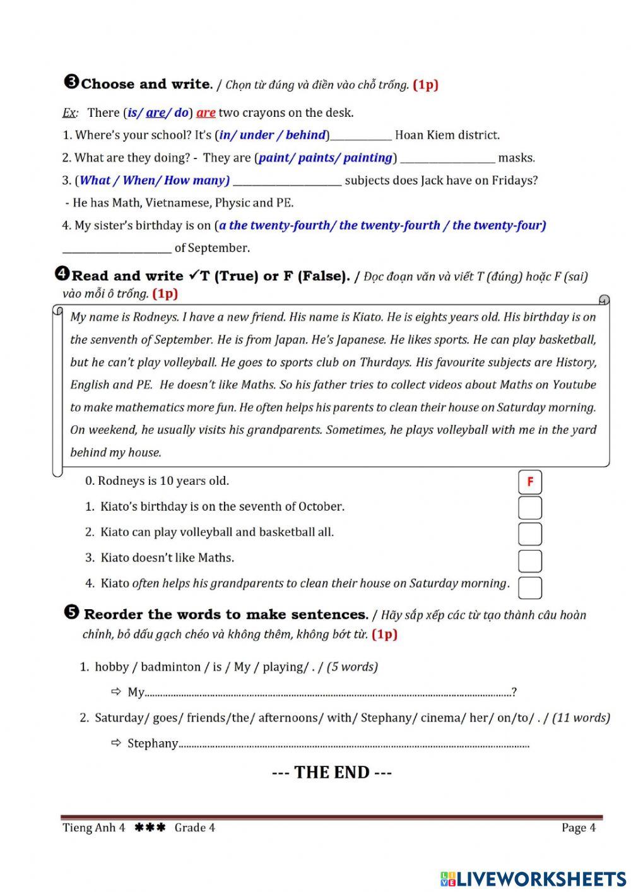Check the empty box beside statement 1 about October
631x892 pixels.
click(530, 508)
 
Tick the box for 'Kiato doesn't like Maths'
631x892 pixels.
click(530, 561)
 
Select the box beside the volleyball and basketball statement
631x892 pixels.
click(530, 534)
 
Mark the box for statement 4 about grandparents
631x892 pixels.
click(530, 587)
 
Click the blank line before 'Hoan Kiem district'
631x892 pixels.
click(361, 136)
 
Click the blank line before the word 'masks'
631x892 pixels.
click(447, 159)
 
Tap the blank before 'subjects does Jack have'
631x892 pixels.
click(287, 182)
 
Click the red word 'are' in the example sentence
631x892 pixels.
click(206, 113)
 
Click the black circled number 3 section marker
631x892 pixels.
click(71, 82)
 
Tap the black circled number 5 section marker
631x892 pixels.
click(71, 612)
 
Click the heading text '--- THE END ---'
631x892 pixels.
click(332, 773)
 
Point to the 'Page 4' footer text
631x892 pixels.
click(578, 828)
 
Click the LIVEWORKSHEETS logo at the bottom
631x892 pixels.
click(533, 878)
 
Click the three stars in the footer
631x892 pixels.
click(150, 828)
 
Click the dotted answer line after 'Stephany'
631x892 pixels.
click(353, 745)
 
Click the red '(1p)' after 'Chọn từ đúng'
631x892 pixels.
click(425, 85)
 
